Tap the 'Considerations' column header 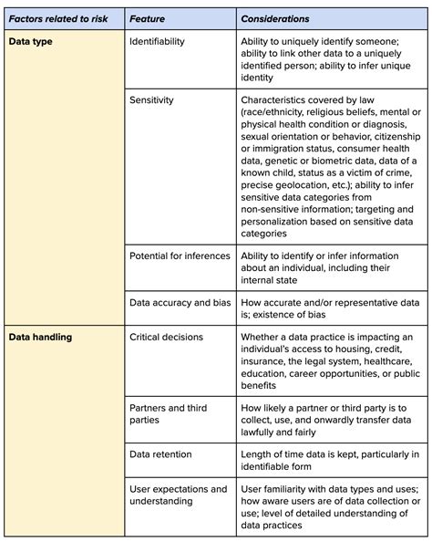(x=274, y=18)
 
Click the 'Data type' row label (x=32, y=42)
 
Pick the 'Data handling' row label (x=41, y=337)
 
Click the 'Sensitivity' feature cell (x=151, y=99)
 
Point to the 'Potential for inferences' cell (x=180, y=255)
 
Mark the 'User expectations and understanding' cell (x=178, y=495)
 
